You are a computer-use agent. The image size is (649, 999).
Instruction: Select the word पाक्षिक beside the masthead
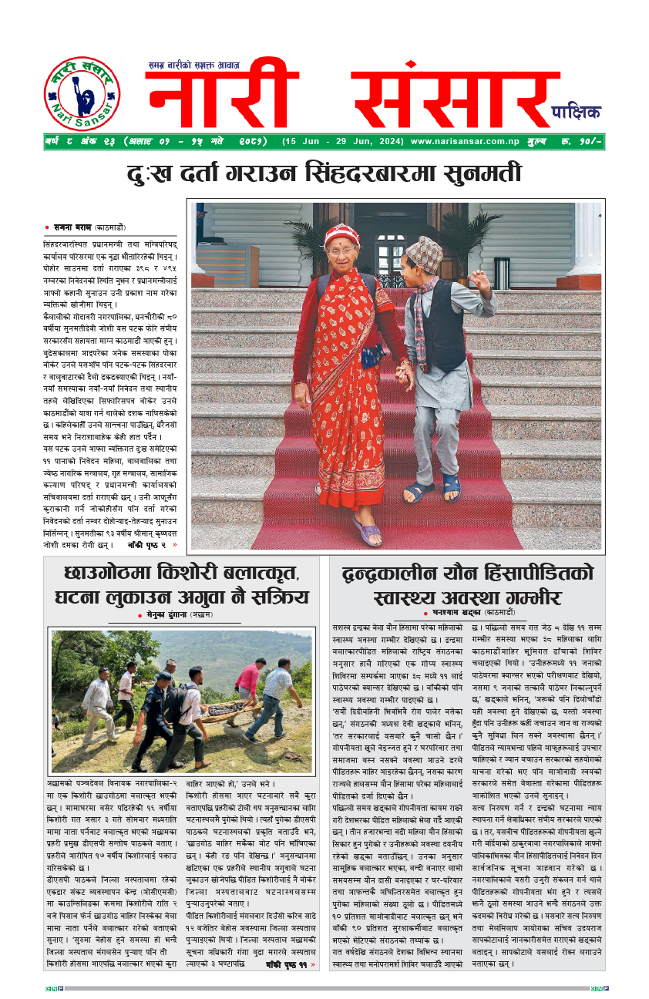pyautogui.click(x=576, y=113)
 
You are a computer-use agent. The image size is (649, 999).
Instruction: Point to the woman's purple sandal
pyautogui.click(x=368, y=530)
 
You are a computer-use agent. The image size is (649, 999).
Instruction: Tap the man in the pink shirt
pyautogui.click(x=248, y=681)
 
